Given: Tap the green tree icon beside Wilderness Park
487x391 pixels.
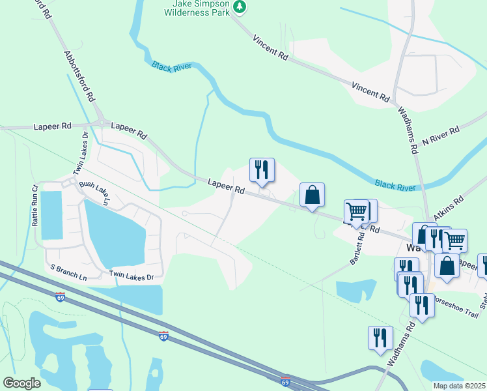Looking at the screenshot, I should tap(241, 7).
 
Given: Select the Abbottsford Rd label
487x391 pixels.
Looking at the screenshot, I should tap(80, 76).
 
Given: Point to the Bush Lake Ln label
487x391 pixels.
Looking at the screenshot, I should tap(96, 194).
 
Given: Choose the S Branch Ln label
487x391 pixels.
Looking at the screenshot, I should tap(68, 272).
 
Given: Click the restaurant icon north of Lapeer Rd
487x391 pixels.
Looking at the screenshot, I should tap(262, 170).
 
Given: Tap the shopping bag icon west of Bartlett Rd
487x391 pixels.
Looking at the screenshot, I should tap(312, 195).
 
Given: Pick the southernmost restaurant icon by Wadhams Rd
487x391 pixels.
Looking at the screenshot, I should tap(380, 338).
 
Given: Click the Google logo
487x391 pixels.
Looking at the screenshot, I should tap(21, 383).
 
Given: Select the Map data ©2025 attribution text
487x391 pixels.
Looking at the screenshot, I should tap(460, 386).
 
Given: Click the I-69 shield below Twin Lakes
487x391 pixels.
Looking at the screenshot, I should tap(163, 336).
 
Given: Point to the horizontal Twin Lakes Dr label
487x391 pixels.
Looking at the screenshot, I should tap(132, 277).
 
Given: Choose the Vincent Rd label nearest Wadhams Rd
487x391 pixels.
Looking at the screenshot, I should tap(370, 91).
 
